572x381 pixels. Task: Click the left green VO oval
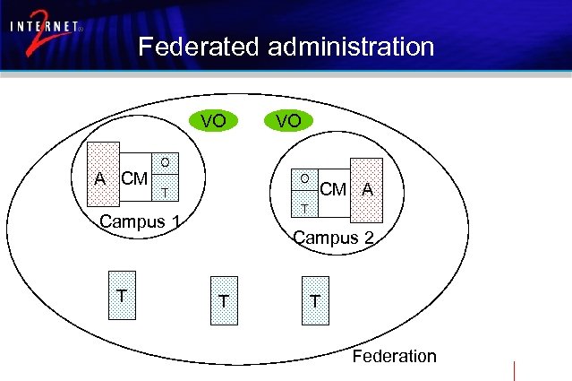pyautogui.click(x=212, y=119)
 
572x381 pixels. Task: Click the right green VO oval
pyautogui.click(x=288, y=119)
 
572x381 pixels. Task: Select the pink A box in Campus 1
pyautogui.click(x=101, y=177)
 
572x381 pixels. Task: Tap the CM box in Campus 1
pyautogui.click(x=135, y=178)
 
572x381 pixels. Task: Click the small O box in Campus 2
pyautogui.click(x=305, y=180)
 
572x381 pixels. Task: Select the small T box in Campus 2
pyautogui.click(x=305, y=208)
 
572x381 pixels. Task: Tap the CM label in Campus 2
pyautogui.click(x=333, y=189)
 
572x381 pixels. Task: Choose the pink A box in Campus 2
pyautogui.click(x=366, y=189)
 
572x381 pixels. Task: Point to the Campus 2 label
pyautogui.click(x=333, y=238)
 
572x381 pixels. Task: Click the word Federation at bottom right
pyautogui.click(x=394, y=356)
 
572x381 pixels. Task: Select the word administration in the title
pyautogui.click(x=348, y=47)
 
